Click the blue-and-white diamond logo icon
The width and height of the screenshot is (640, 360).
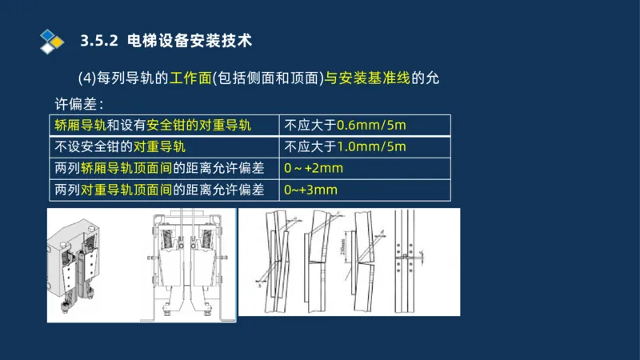pos(51,39)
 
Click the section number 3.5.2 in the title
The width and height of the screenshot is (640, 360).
pos(100,40)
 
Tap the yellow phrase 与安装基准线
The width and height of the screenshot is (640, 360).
pos(368,78)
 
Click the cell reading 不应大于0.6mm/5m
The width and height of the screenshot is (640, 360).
pos(345,126)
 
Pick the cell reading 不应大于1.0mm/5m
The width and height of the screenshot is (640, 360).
pos(345,147)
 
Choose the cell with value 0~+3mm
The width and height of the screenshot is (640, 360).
pos(311,190)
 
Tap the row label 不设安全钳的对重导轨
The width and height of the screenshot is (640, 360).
pos(120,147)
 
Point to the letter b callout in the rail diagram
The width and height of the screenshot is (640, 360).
pos(258,285)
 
